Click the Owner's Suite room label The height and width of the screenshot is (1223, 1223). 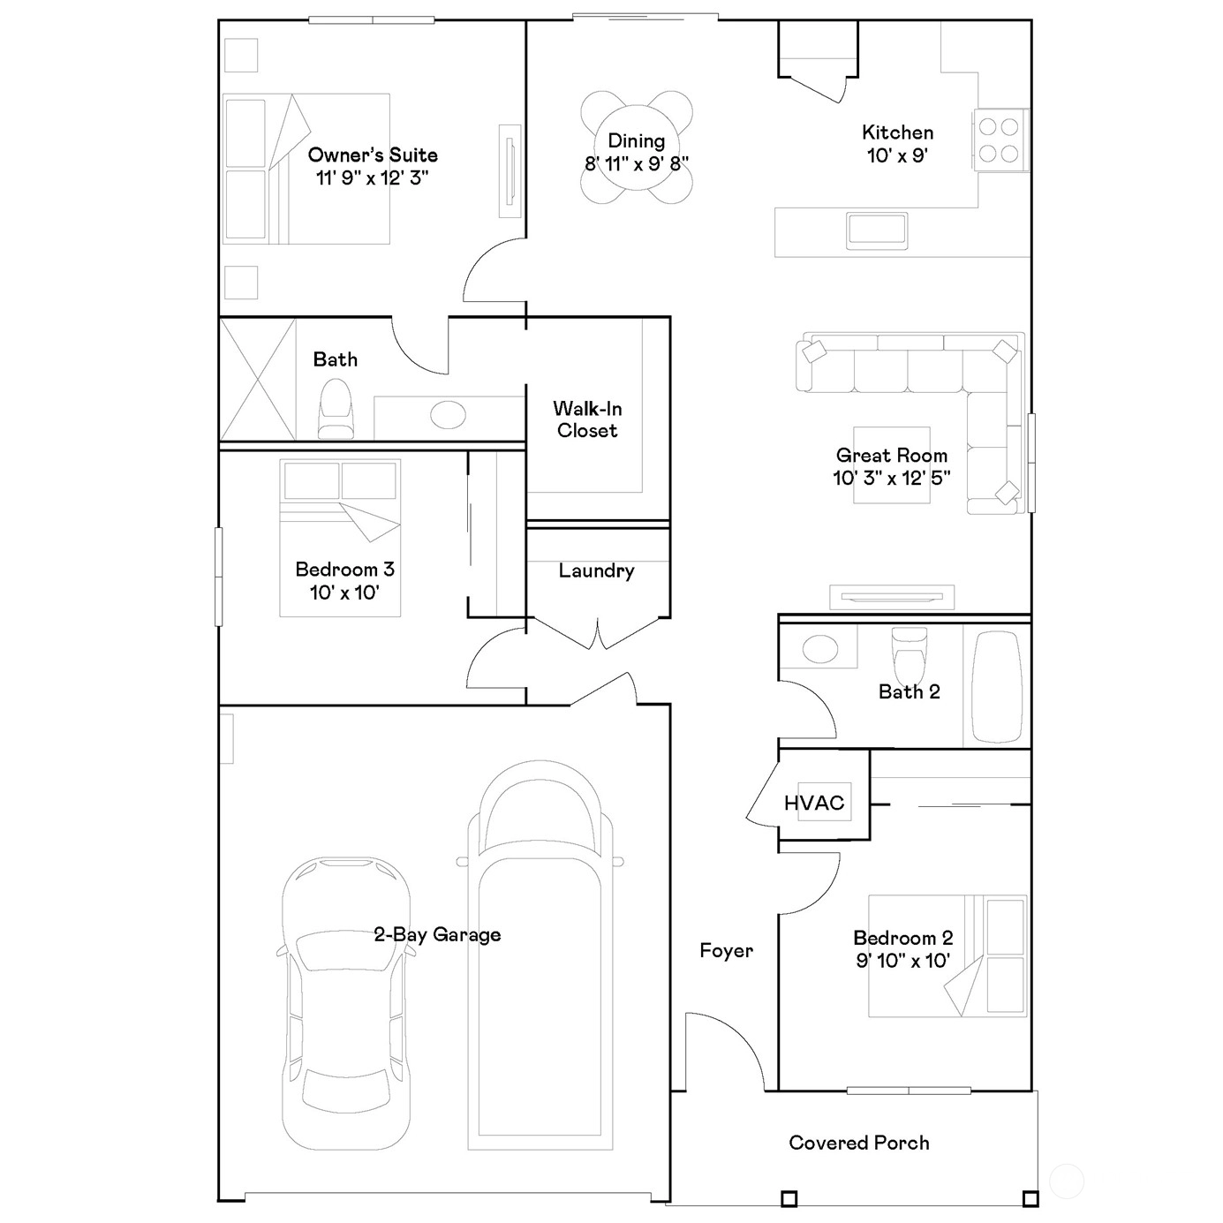(x=373, y=155)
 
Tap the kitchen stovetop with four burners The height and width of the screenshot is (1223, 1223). (x=999, y=140)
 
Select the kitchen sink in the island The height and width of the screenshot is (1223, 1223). (x=876, y=230)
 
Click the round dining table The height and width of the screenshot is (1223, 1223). (x=636, y=147)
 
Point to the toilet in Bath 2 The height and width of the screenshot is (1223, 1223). (x=909, y=653)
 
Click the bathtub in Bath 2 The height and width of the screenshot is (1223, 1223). (x=996, y=687)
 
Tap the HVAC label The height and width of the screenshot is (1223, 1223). (x=814, y=803)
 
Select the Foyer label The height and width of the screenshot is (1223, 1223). (x=726, y=950)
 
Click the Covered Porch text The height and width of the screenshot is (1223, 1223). (x=858, y=1143)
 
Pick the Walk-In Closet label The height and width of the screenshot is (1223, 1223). (x=587, y=419)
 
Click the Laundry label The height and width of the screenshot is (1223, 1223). (x=596, y=571)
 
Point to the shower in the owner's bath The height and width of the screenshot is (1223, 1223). (x=258, y=380)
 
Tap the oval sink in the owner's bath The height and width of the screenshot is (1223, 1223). (x=448, y=414)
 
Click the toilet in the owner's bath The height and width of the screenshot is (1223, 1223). (x=335, y=408)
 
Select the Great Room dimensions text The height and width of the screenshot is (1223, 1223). (x=892, y=477)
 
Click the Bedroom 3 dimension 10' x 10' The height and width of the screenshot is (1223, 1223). (x=344, y=593)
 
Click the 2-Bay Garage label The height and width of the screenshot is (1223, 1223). (x=437, y=934)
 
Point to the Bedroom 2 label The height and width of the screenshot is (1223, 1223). (x=903, y=938)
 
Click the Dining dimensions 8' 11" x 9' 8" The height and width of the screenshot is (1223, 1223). (x=637, y=163)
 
